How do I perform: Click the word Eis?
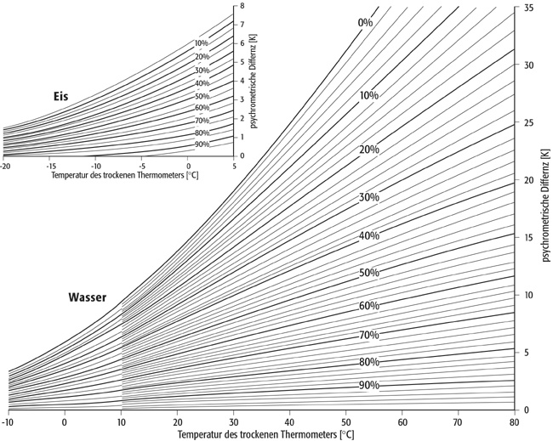click(x=58, y=98)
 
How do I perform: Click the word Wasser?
click(x=87, y=297)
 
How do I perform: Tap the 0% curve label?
click(x=365, y=22)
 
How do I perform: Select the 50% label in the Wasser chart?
click(x=368, y=273)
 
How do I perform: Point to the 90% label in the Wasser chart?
click(x=368, y=385)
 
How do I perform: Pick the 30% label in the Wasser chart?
click(x=368, y=197)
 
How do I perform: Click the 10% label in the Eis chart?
click(x=202, y=43)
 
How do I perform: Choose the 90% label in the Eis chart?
click(x=202, y=144)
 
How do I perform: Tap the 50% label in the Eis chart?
click(x=202, y=96)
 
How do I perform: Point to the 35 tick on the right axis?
click(x=528, y=8)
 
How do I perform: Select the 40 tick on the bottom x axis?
click(x=290, y=421)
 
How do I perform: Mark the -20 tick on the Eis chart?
click(x=4, y=166)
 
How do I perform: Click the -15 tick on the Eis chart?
click(x=50, y=166)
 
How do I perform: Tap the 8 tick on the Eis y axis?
click(x=242, y=6)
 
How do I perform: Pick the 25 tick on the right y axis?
click(x=528, y=122)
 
